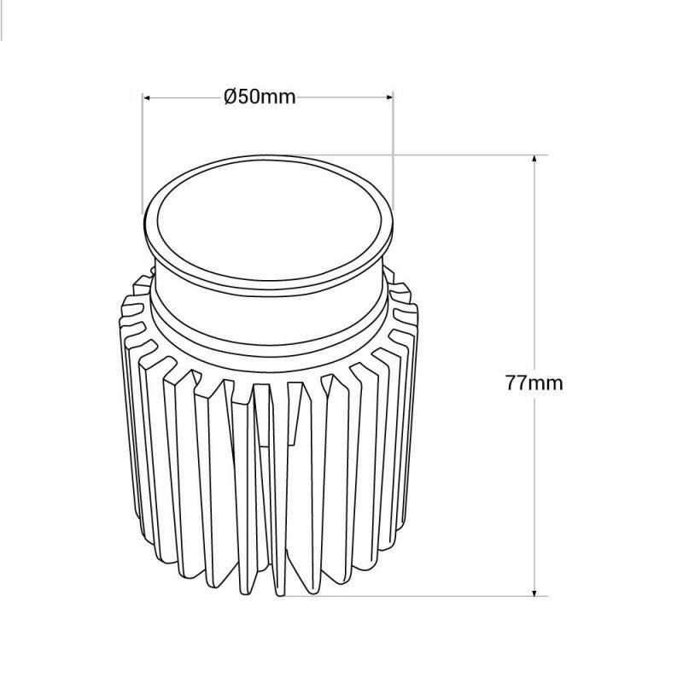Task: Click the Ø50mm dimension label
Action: (260, 97)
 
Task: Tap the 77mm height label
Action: (534, 382)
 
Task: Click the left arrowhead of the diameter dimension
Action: (147, 97)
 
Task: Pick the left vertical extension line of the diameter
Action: (142, 154)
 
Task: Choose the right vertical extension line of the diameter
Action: (393, 145)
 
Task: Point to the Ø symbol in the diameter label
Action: (230, 97)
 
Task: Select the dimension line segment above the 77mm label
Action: (534, 265)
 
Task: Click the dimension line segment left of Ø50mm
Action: (184, 97)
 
